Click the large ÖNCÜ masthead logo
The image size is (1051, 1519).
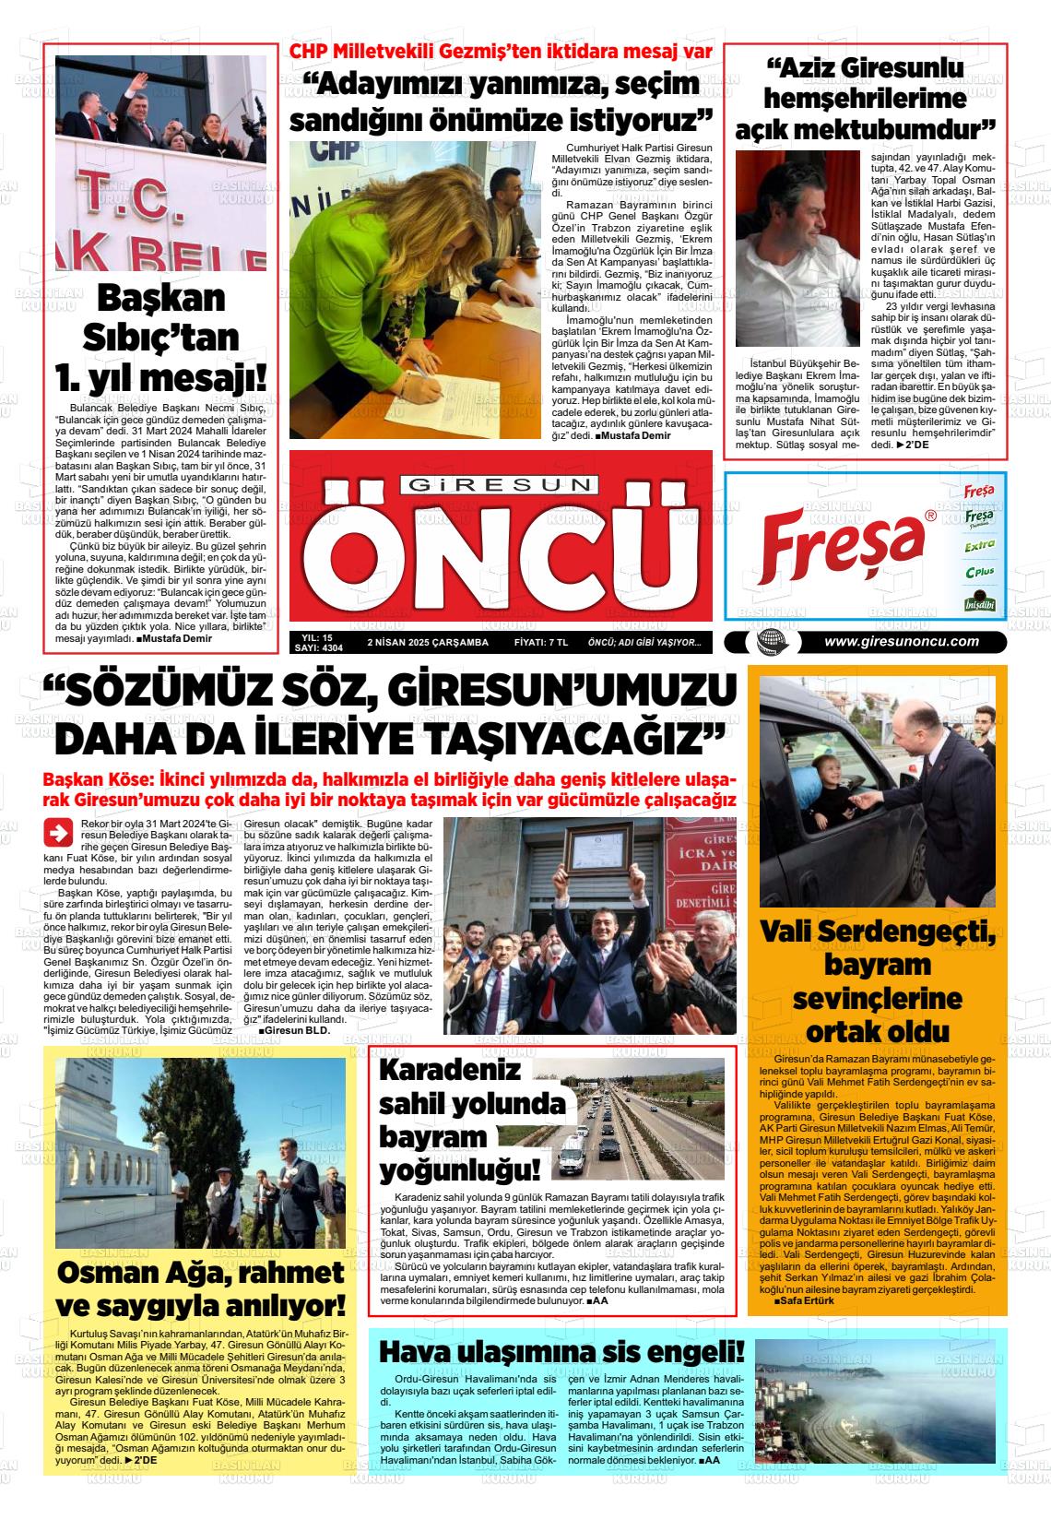(x=501, y=557)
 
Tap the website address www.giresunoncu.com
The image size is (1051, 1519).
(x=901, y=642)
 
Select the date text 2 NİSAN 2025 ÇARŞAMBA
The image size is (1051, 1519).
(x=428, y=643)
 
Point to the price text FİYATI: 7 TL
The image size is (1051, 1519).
(x=540, y=643)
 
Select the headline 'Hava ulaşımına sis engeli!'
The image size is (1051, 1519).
(x=561, y=1352)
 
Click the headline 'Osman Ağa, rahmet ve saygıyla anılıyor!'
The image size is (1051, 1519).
(x=201, y=1289)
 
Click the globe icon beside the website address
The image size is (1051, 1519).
(x=766, y=642)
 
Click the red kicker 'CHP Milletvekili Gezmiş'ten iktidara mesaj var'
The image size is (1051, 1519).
(x=502, y=52)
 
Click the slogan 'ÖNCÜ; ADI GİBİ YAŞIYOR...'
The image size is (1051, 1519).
(x=644, y=643)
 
